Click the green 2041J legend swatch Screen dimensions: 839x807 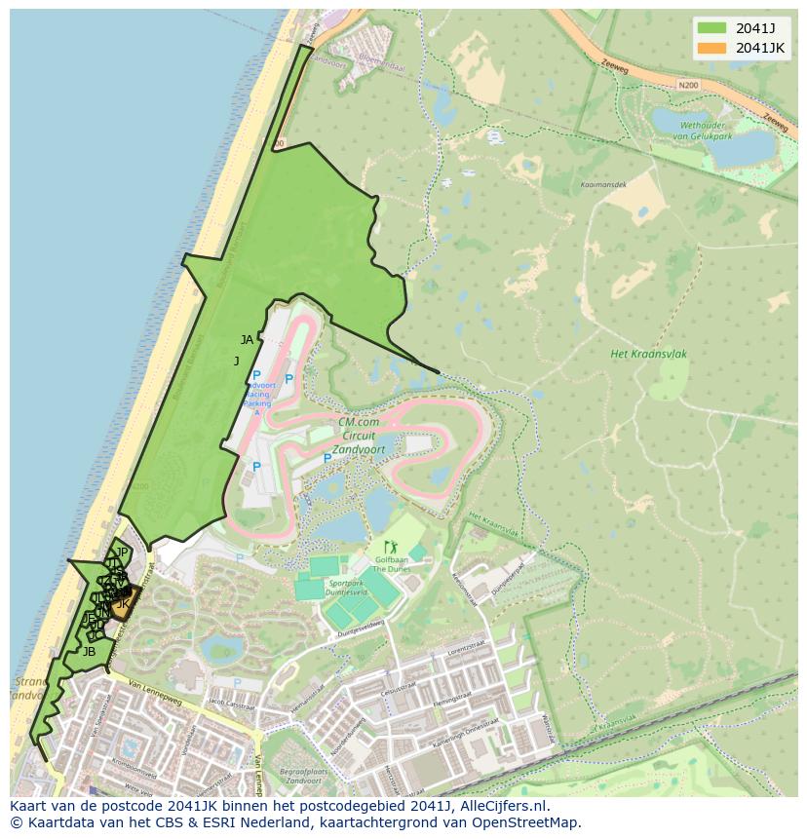[711, 27]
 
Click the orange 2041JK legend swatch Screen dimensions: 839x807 [711, 48]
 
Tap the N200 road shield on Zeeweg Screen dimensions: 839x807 [688, 86]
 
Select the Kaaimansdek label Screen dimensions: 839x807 [603, 184]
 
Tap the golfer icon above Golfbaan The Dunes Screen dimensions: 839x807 [391, 548]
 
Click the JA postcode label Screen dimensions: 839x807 [247, 340]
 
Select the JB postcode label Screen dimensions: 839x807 [89, 652]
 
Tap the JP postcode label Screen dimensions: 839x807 [122, 553]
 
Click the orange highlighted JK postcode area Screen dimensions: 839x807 [123, 606]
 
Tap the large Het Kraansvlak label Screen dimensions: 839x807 [648, 354]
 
